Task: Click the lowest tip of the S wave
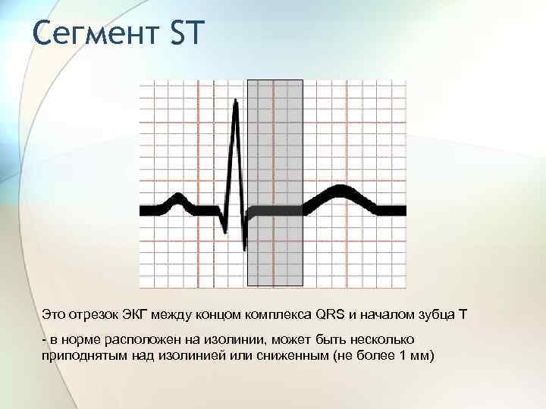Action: [244, 248]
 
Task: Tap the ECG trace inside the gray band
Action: [275, 209]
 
